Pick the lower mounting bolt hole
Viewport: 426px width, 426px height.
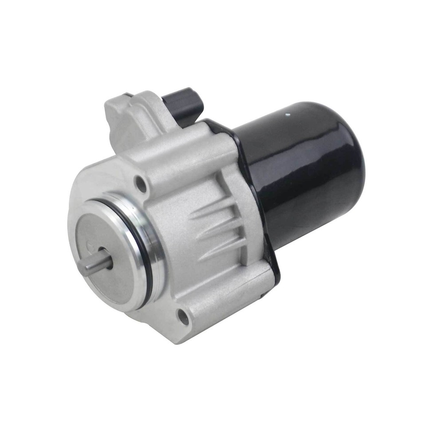point(182,316)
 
